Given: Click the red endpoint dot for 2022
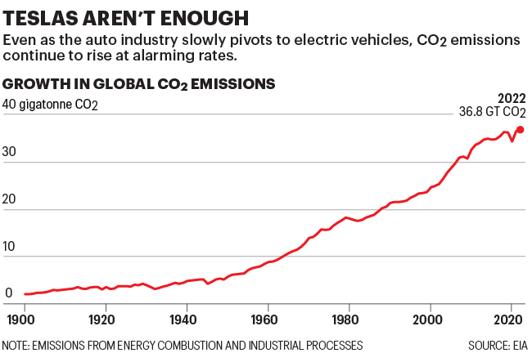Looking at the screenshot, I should click(521, 129).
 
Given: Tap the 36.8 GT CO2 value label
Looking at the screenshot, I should click(491, 112).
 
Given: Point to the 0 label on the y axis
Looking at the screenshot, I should click(7, 293).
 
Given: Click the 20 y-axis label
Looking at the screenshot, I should click(10, 209).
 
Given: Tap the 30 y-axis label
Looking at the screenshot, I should click(10, 162).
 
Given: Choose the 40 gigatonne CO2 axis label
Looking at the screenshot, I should click(51, 105).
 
